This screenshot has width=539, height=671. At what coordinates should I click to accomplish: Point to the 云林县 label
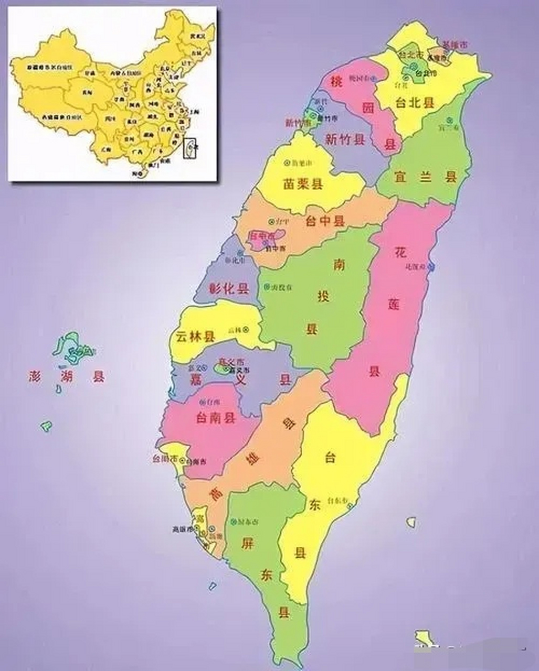pos(195,336)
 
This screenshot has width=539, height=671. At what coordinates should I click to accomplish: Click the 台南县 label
pos(215,418)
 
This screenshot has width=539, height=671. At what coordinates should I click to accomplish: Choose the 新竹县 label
pos(345,139)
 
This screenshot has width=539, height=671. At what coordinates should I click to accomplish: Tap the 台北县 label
pos(416,103)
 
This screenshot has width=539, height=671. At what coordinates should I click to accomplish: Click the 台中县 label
pos(325,221)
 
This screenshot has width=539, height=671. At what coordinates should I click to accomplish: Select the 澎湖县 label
pos(67,376)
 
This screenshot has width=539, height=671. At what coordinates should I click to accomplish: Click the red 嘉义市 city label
pos(231,362)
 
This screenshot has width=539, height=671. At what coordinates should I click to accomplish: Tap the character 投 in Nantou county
pos(323,296)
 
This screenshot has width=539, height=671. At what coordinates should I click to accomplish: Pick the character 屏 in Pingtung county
pos(247,543)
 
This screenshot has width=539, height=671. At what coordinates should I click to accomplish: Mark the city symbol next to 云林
pos(245,329)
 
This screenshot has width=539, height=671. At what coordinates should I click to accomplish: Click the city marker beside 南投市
pos(267,287)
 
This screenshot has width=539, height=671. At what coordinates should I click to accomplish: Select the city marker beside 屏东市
pos(233,522)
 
